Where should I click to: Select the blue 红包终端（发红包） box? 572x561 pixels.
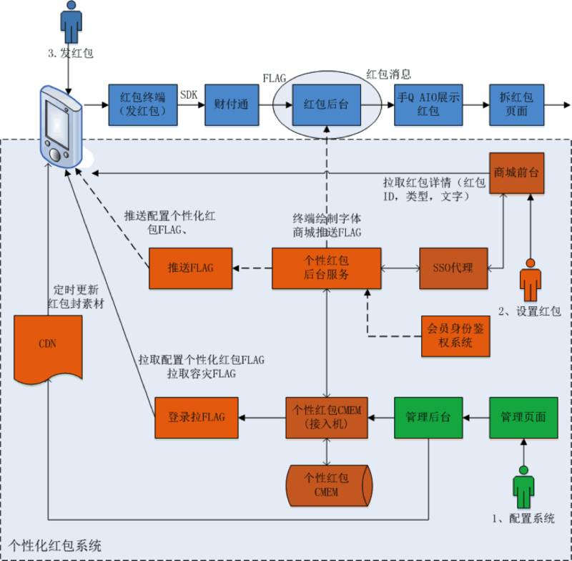[139, 104]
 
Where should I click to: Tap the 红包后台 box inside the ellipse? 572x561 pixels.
[325, 104]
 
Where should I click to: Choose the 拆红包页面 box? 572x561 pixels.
[517, 104]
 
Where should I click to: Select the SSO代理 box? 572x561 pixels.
[453, 268]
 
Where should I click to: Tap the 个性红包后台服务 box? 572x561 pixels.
[325, 268]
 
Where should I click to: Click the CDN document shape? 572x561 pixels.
[48, 347]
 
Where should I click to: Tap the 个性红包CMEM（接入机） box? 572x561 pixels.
[326, 417]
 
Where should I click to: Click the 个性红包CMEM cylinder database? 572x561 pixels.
[326, 485]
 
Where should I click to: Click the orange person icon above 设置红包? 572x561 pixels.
[530, 280]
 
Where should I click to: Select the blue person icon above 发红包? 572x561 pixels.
[70, 24]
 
